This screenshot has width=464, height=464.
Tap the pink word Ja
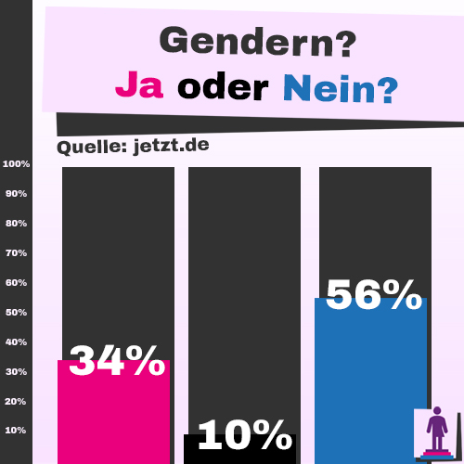click(x=140, y=88)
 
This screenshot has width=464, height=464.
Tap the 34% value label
click(x=116, y=361)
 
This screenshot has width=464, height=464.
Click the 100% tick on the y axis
click(x=17, y=164)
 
